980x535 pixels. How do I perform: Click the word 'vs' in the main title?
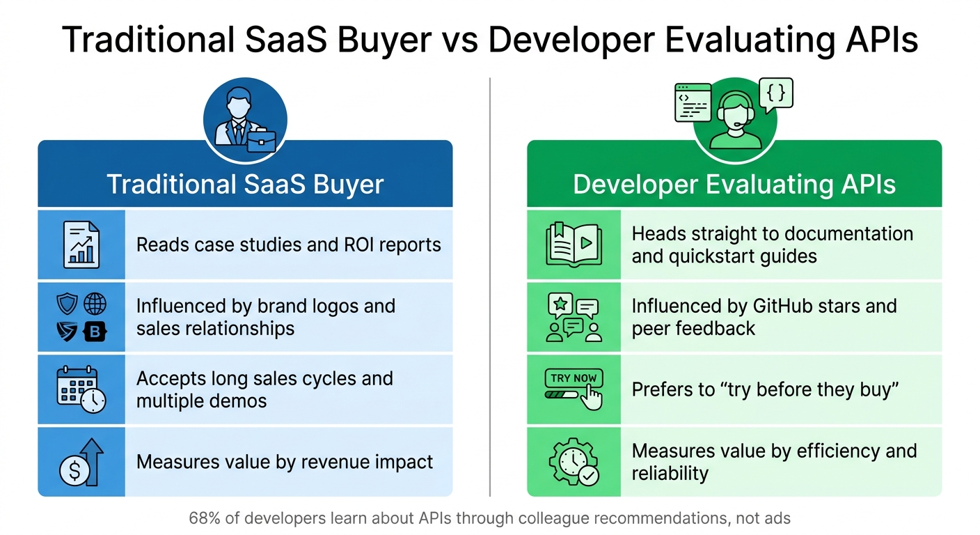457,40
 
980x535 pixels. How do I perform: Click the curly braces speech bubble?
775,95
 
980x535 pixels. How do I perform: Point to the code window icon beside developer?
693,102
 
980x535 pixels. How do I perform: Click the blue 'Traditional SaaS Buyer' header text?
245,185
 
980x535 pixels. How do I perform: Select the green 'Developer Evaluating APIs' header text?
734,185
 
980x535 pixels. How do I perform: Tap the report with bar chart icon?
81,245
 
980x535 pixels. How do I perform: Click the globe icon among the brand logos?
95,304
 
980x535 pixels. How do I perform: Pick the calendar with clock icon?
81,389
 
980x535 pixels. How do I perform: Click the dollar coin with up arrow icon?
81,462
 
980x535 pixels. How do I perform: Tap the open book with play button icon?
573,245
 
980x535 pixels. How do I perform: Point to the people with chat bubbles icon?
574,317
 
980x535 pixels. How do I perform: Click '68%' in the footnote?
203,518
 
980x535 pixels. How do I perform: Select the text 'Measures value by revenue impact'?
285,462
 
